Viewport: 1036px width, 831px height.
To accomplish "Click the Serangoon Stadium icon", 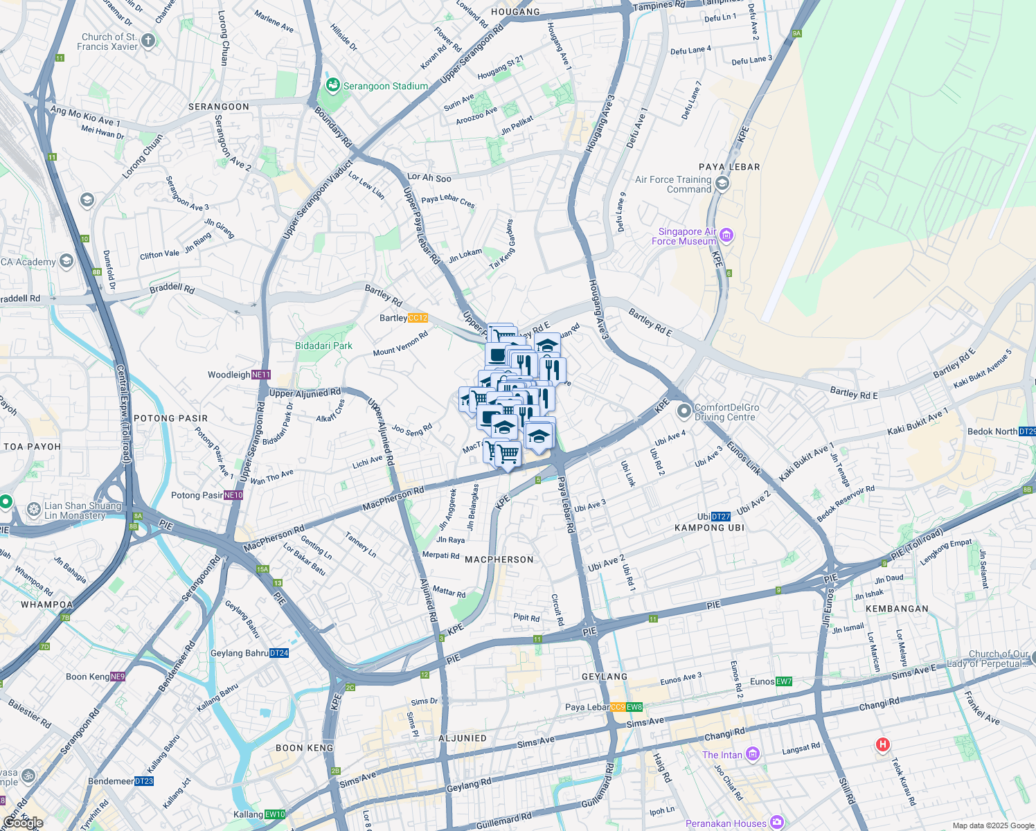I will pos(333,86).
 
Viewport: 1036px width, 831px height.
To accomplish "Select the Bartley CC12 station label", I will pos(404,318).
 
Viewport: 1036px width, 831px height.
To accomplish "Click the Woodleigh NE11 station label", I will pos(239,375).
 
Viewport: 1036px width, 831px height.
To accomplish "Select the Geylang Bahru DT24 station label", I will pos(249,653).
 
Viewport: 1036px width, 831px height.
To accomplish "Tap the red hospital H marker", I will pos(882,744).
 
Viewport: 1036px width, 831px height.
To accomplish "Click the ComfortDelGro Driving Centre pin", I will pos(684,412).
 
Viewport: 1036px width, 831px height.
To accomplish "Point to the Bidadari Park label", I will pos(324,346).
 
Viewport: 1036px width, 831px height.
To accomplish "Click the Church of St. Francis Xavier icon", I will pos(149,41).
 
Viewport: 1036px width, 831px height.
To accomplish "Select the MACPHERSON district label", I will pos(499,560).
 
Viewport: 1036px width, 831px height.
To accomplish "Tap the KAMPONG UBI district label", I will pos(709,528).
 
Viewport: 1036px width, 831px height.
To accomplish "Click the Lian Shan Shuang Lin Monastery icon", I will pos(33,510).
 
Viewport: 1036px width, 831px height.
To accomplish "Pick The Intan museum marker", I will pos(753,755).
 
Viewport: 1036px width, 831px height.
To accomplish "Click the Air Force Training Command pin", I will pos(722,184).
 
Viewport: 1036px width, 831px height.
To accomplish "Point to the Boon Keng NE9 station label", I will pos(96,677).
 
